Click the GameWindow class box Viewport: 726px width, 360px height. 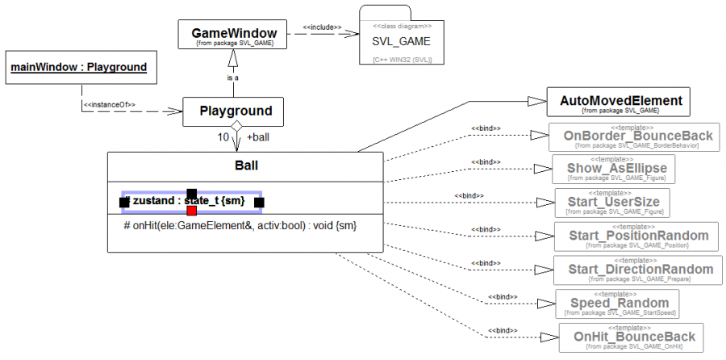coord(234,36)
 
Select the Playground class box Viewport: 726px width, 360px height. coord(236,111)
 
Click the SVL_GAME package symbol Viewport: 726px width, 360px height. coord(401,41)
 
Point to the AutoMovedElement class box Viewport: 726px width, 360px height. coord(620,103)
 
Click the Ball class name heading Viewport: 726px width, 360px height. coord(246,166)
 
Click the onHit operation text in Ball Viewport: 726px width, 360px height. coord(240,227)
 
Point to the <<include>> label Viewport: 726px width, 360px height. coord(322,27)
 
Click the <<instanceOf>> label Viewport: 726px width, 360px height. coord(110,104)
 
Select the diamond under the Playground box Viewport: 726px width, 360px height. coord(236,128)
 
